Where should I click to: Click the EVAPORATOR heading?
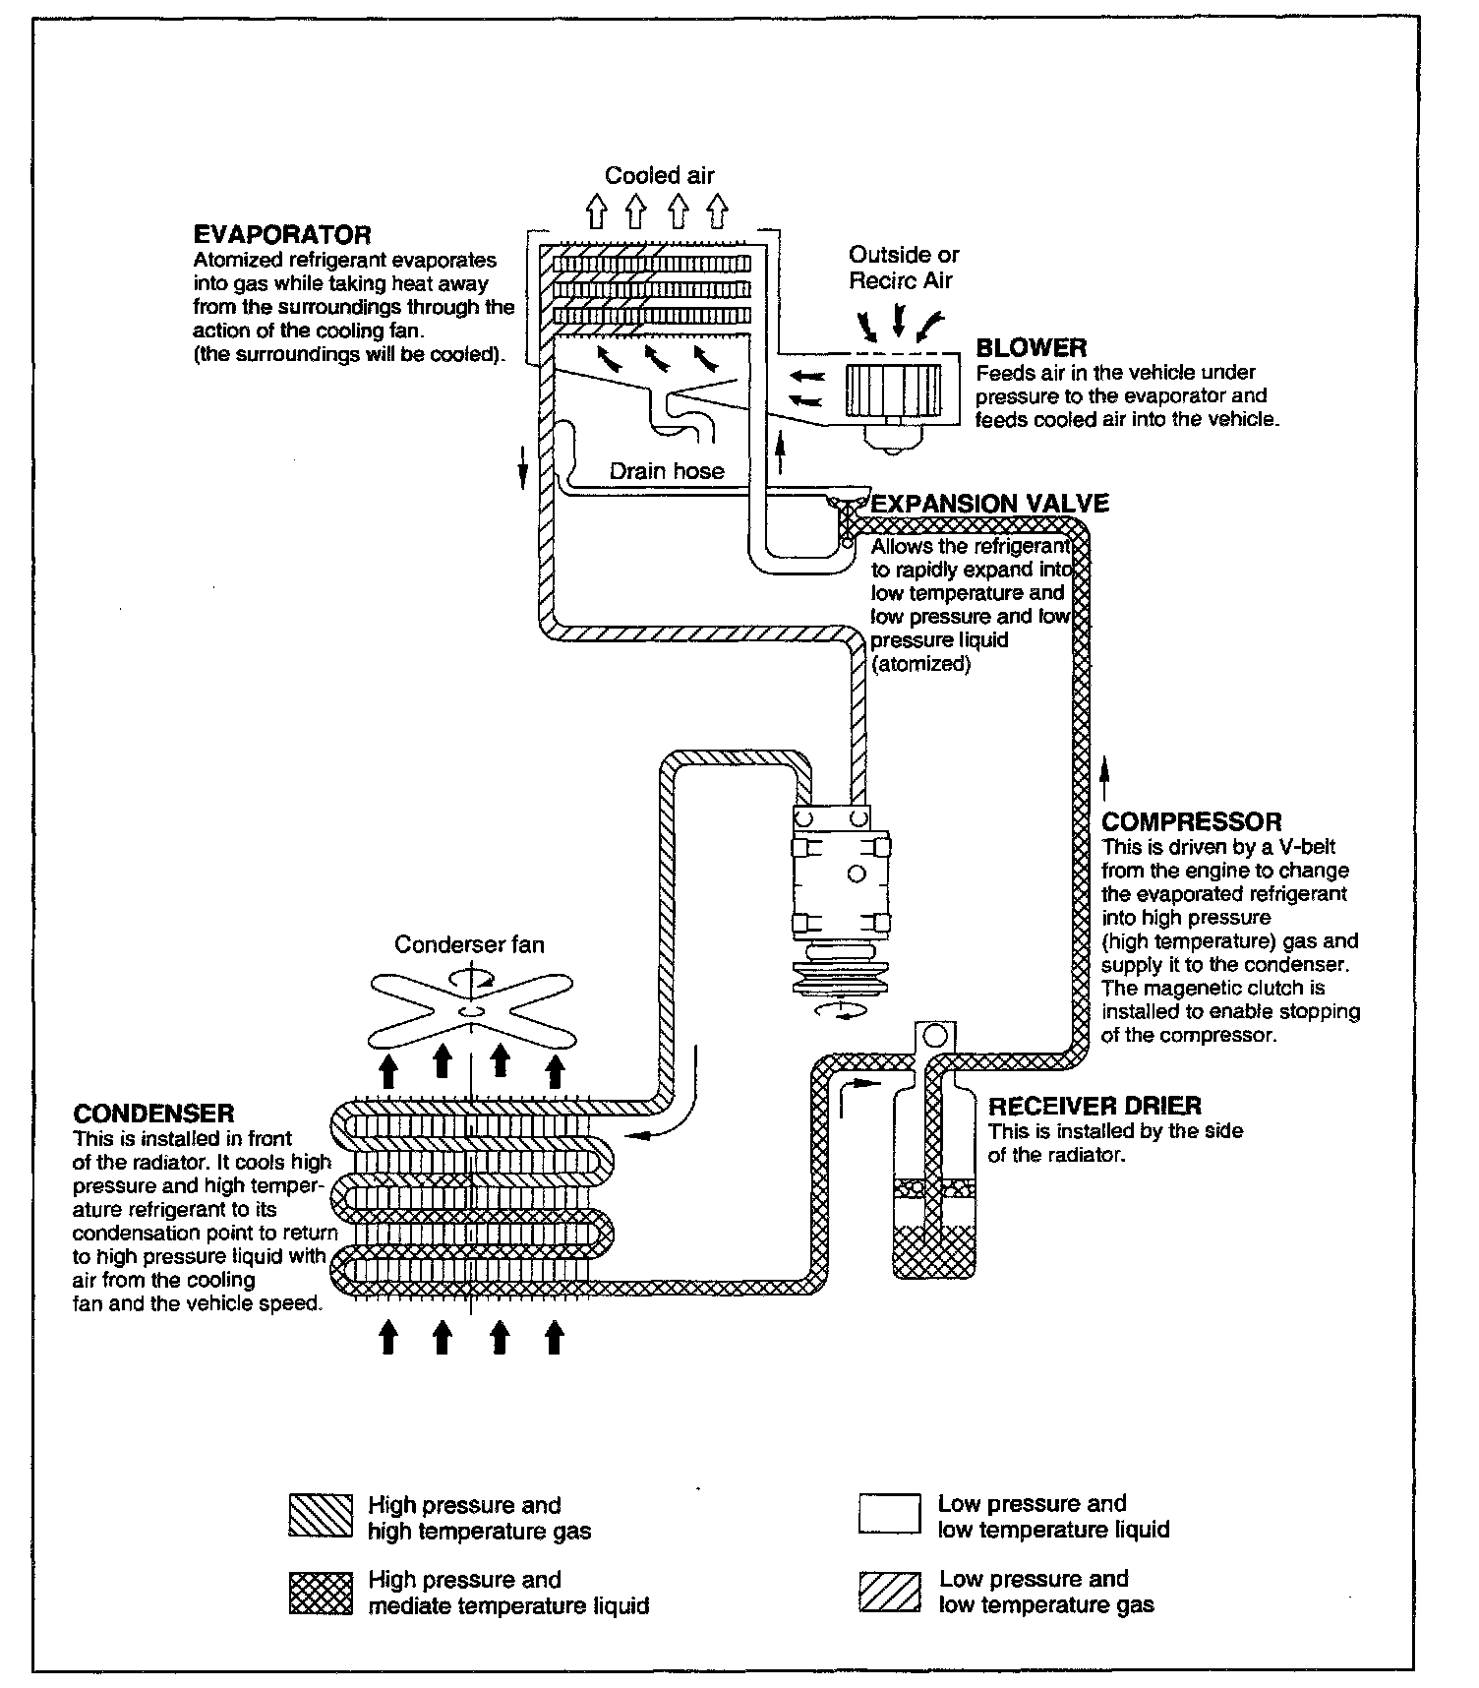282,236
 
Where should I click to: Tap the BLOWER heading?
1031,348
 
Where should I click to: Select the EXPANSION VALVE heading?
990,504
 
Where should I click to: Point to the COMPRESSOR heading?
1192,822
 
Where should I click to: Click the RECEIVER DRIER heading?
1094,1107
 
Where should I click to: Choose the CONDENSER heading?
153,1114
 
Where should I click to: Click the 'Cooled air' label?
659,176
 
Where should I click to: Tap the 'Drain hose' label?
667,471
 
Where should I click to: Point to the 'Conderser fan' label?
469,944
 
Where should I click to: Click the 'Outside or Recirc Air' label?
903,268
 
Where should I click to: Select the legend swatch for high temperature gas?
321,1516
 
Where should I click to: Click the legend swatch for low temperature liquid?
889,1515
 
